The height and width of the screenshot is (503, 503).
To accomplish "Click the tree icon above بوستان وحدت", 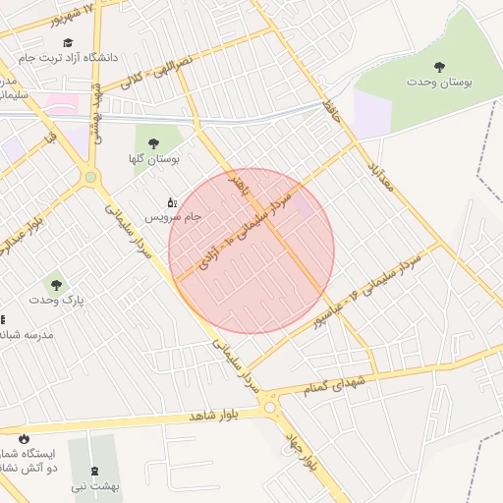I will pos(438,67).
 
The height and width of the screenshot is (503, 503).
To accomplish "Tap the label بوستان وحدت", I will pos(439,84).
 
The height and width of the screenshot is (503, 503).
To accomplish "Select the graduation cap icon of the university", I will pos(68,42).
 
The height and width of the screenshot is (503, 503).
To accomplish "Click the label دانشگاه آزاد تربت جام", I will pos(70,57).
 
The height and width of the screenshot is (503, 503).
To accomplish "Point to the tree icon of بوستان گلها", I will pos(153,143).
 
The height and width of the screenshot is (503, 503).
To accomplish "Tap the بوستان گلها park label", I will pos(154,159).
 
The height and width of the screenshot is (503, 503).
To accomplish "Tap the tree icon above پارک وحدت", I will pos(56,285).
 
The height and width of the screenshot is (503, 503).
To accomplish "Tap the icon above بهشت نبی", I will pos(94,471).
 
